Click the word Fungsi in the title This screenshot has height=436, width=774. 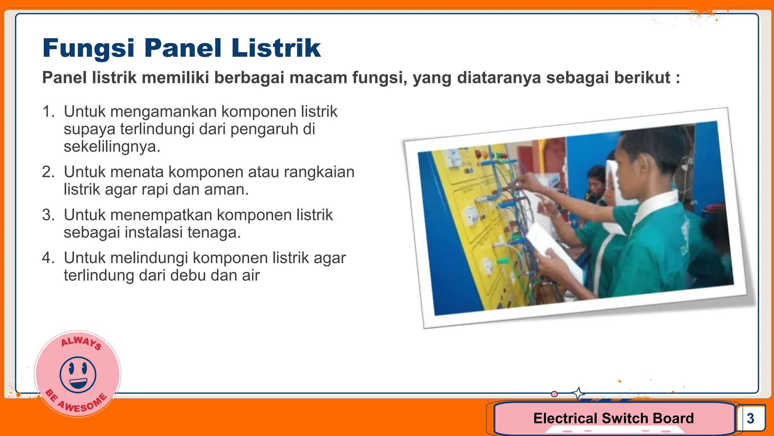88,48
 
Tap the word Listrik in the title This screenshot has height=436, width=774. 276,48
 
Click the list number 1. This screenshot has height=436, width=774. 48,112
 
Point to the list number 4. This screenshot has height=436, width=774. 48,258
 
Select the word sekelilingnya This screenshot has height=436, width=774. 112,147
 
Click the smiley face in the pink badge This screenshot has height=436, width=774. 78,374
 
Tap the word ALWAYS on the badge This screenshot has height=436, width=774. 81,342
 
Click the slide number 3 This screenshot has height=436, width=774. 750,418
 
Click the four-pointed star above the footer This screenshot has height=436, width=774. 578,393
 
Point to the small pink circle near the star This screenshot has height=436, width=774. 554,394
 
